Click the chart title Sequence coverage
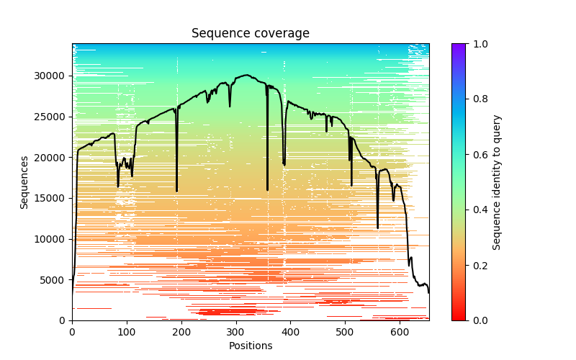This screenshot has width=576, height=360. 250,33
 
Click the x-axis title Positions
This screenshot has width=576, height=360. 250,346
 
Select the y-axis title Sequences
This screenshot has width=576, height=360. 24,181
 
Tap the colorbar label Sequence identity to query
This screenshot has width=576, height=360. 497,181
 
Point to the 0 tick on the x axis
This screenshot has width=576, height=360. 72,320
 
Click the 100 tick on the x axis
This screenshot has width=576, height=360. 127,320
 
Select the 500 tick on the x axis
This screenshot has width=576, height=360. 345,320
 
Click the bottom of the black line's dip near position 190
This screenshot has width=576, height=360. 176,192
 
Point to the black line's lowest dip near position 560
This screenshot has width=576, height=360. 377,228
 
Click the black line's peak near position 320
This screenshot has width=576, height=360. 246,75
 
